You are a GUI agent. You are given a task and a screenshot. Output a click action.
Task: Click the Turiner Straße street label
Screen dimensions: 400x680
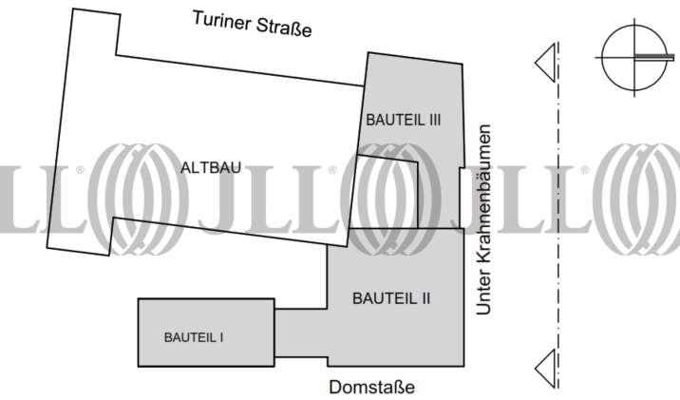tap(251, 22)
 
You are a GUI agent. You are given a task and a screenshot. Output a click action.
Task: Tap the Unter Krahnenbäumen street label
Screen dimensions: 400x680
tap(485, 219)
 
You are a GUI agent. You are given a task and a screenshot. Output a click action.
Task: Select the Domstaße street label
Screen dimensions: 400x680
tap(371, 388)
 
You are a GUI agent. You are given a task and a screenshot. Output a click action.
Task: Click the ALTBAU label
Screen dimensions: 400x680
tap(210, 167)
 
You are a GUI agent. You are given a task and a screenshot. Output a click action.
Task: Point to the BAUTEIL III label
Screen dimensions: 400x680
tap(404, 120)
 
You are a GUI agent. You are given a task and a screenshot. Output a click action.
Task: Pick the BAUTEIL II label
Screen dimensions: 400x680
tap(391, 297)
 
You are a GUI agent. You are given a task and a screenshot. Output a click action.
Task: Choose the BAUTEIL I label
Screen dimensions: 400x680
tap(194, 336)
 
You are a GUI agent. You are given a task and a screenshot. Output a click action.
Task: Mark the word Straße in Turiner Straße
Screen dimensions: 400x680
tap(282, 25)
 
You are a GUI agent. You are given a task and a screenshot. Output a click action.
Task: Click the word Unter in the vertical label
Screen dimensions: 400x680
tap(485, 295)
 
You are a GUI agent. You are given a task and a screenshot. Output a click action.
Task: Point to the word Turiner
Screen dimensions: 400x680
tap(219, 19)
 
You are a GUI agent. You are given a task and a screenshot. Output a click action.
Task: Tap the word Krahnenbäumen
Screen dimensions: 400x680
tap(485, 198)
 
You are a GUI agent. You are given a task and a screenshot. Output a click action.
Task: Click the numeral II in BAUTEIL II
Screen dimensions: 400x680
tap(425, 297)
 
